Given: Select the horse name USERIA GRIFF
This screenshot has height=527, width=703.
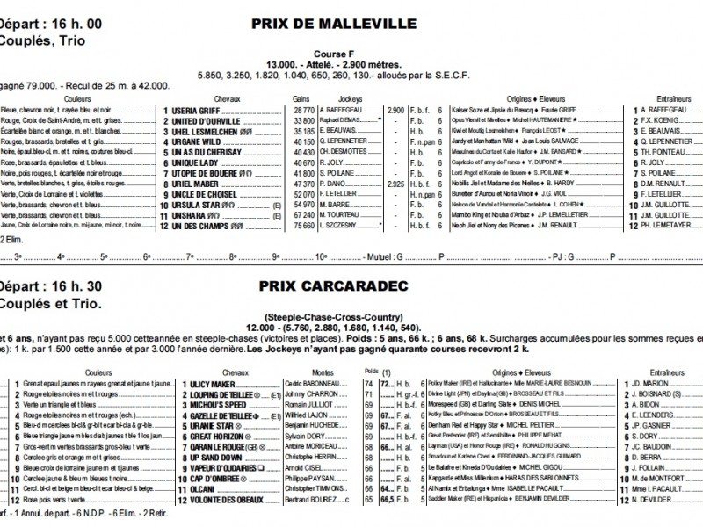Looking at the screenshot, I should coord(196,111).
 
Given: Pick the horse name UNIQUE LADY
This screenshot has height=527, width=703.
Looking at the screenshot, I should coord(195,162).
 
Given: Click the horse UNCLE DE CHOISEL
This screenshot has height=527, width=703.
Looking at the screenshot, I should coord(204,193).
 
